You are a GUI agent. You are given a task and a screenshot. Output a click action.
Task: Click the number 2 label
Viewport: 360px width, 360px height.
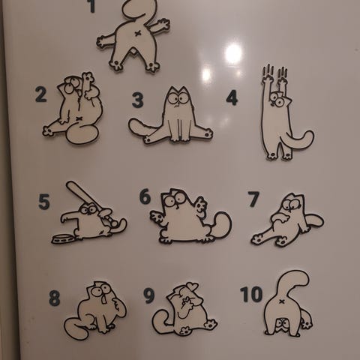[x=41, y=94]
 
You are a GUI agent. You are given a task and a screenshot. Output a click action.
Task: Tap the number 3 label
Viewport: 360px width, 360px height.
[x=138, y=100]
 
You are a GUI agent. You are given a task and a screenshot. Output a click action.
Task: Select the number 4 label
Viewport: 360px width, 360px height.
[x=232, y=97]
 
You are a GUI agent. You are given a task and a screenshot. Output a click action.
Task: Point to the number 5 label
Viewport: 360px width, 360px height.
[x=44, y=202]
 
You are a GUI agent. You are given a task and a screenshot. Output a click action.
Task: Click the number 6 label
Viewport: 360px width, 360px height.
[x=145, y=196]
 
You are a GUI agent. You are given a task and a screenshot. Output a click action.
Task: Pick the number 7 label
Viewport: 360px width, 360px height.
[x=253, y=199]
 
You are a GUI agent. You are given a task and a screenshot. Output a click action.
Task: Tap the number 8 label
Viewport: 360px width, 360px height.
[x=55, y=298]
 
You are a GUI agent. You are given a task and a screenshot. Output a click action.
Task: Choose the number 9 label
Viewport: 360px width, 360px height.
[x=149, y=296]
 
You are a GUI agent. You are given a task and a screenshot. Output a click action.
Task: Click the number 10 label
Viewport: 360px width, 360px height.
[x=251, y=294]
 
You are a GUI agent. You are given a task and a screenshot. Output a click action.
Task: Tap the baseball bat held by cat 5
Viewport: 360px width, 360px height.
[x=85, y=197]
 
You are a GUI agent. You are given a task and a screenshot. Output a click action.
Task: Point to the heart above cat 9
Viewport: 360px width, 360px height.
[x=193, y=286]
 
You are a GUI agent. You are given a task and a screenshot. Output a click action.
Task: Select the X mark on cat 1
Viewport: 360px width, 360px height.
[x=138, y=33]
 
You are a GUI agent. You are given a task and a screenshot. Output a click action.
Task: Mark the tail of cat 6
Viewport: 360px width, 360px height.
[x=220, y=226]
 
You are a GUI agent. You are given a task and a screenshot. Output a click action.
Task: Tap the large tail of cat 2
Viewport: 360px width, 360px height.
[x=82, y=134]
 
